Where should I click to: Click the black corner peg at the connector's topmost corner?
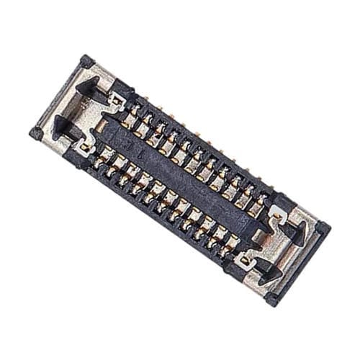point(87,60)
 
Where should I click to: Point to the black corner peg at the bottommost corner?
point(272,298)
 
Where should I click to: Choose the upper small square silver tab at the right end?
point(274,214)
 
